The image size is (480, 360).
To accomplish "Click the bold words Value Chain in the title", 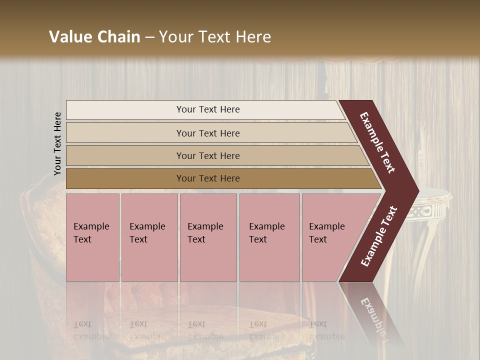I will [x=94, y=37].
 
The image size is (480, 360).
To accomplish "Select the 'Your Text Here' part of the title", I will [x=215, y=37].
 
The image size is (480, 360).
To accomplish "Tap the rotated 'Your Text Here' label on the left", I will [x=57, y=143].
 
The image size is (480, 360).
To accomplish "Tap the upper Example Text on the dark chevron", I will [x=377, y=142].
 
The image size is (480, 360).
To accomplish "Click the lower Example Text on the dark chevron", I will [x=379, y=236].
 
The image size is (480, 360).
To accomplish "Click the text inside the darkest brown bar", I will [x=208, y=178].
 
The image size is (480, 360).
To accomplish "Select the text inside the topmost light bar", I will [x=208, y=109].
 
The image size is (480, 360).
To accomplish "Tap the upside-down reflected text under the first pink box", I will [x=91, y=330].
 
